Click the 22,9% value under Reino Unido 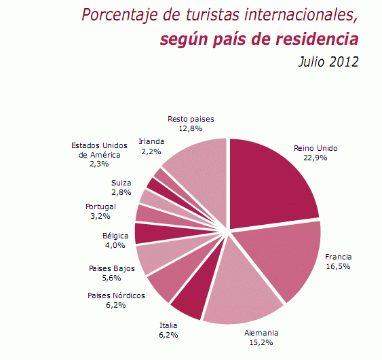(x=316, y=158)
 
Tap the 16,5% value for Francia (x=338, y=267)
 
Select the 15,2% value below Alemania (x=261, y=343)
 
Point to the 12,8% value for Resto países (x=191, y=128)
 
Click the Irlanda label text (x=151, y=141)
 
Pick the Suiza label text (x=122, y=183)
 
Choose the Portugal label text (x=100, y=206)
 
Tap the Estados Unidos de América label (x=99, y=150)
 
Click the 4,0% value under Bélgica (x=115, y=245)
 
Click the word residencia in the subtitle (x=317, y=39)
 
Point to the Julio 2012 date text (x=328, y=62)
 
